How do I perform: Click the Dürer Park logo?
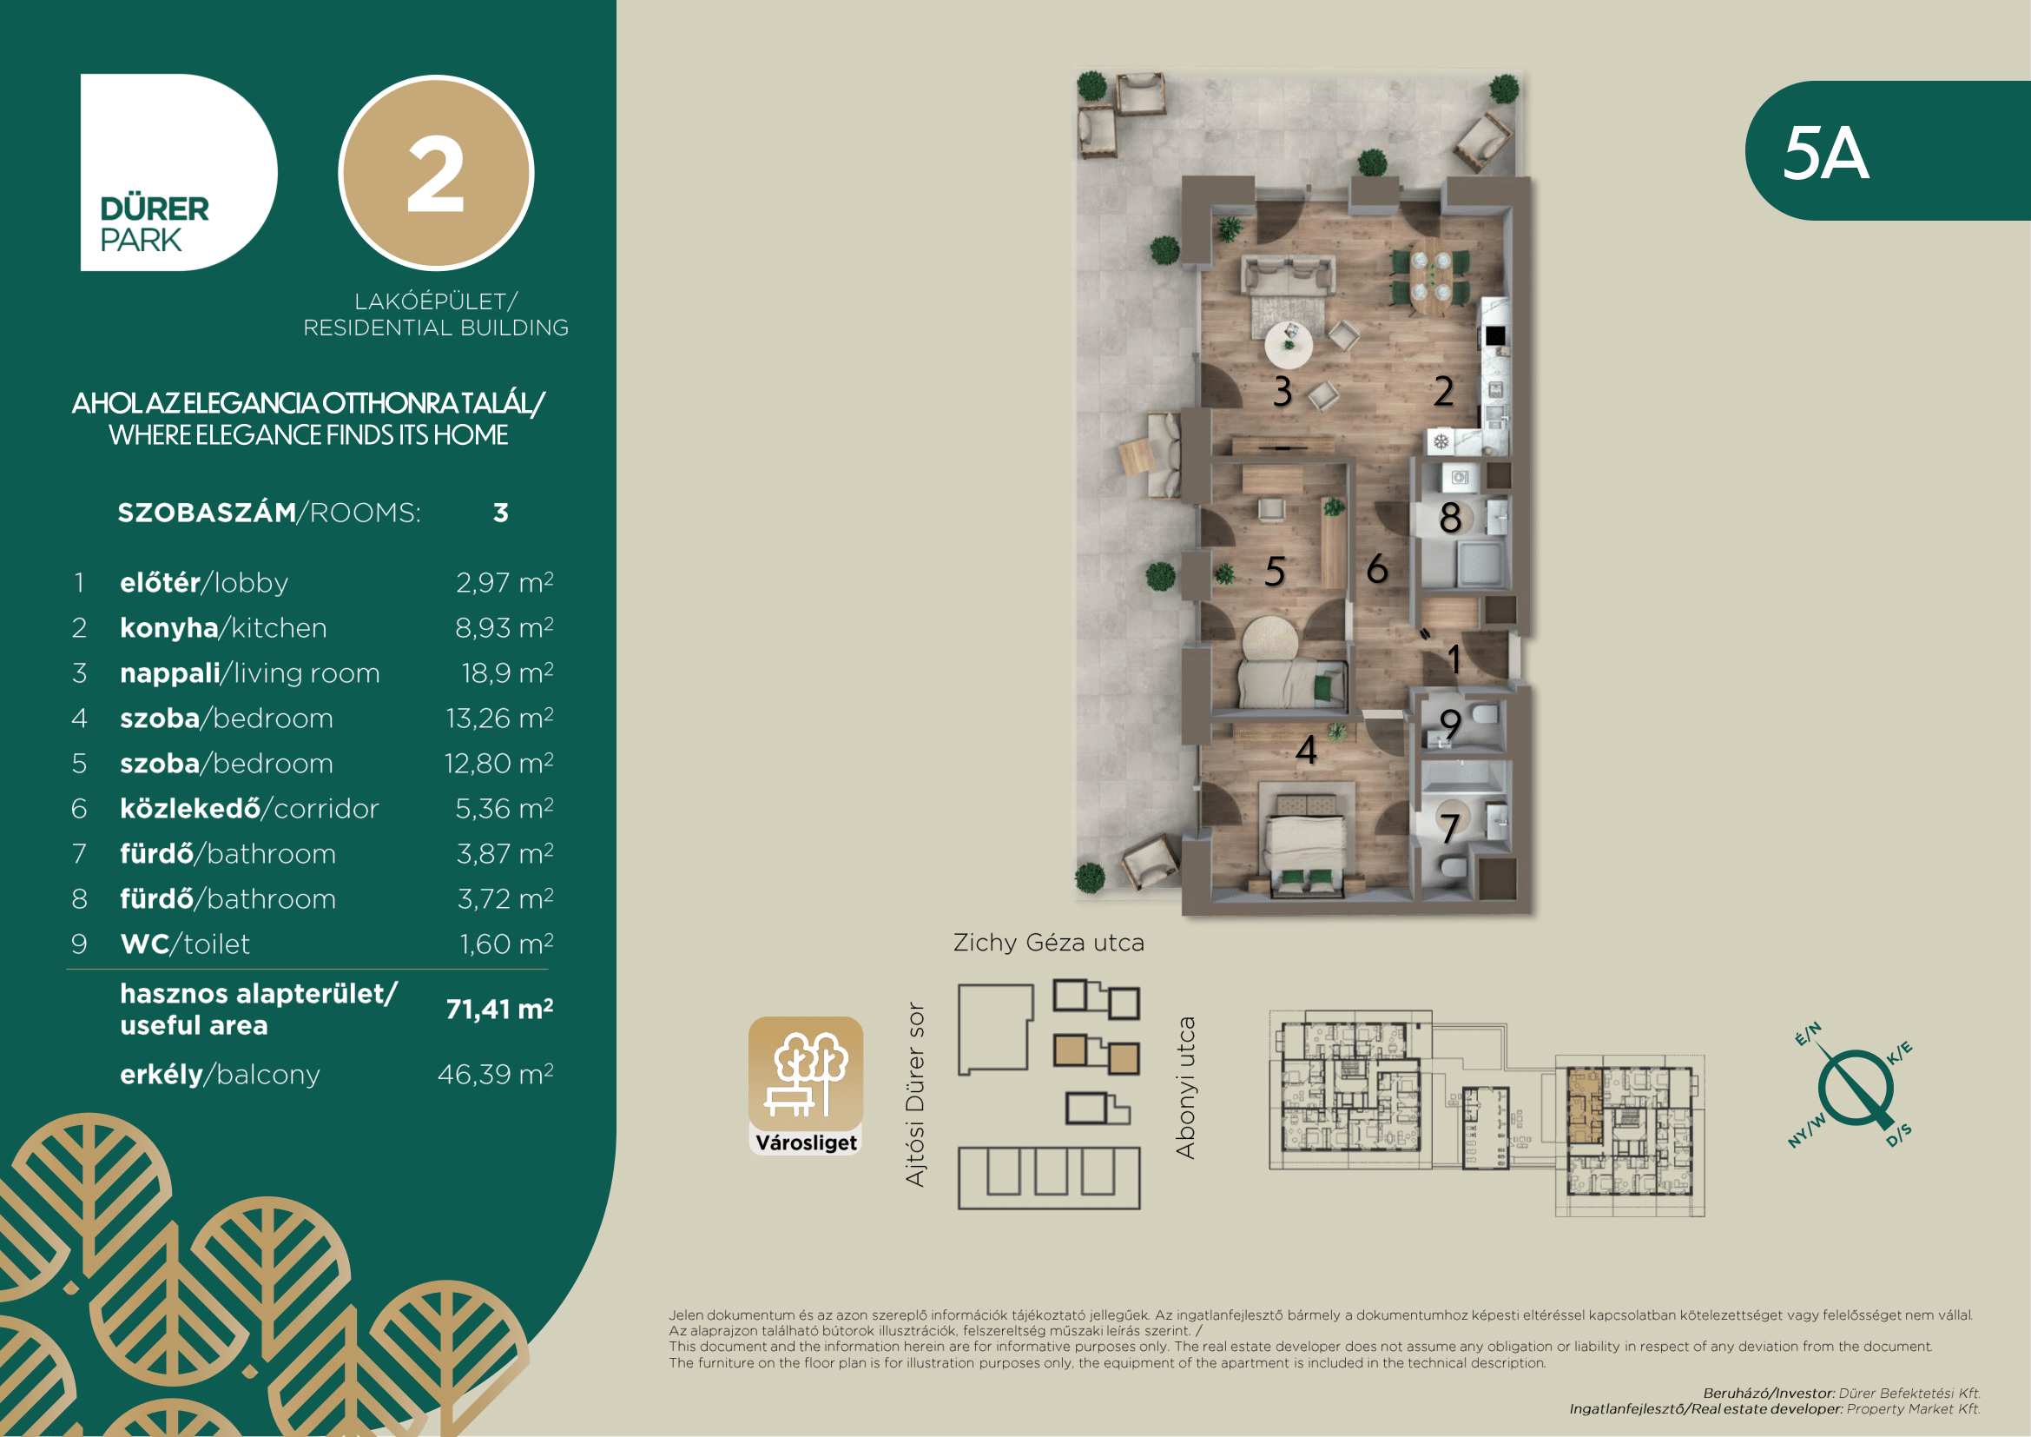[179, 172]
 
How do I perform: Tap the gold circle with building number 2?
[436, 173]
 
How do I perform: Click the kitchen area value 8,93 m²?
[504, 627]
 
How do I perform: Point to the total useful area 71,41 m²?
[500, 1009]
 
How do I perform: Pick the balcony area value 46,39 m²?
[495, 1074]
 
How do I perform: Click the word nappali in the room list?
[170, 674]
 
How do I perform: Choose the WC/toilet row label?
[185, 944]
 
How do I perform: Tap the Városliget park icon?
[806, 1086]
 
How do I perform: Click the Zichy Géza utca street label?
[1049, 944]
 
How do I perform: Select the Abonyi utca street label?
[1185, 1088]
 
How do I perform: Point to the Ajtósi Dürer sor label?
[915, 1095]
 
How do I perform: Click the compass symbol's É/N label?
[1808, 1034]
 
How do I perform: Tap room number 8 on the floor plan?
[1450, 518]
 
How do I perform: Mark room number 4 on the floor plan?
[1307, 751]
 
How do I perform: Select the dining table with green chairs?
[1429, 278]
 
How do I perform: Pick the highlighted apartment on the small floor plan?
[1585, 1105]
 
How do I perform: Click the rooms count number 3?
[501, 513]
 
